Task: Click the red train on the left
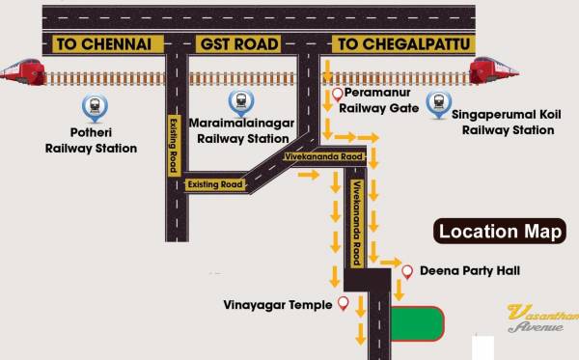[22, 70]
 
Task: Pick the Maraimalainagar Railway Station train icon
[238, 99]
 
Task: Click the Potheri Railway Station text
[91, 141]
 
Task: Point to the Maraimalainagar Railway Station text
[243, 130]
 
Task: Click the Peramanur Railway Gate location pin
[337, 95]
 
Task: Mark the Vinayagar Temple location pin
[342, 305]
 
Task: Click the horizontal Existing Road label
[215, 183]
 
